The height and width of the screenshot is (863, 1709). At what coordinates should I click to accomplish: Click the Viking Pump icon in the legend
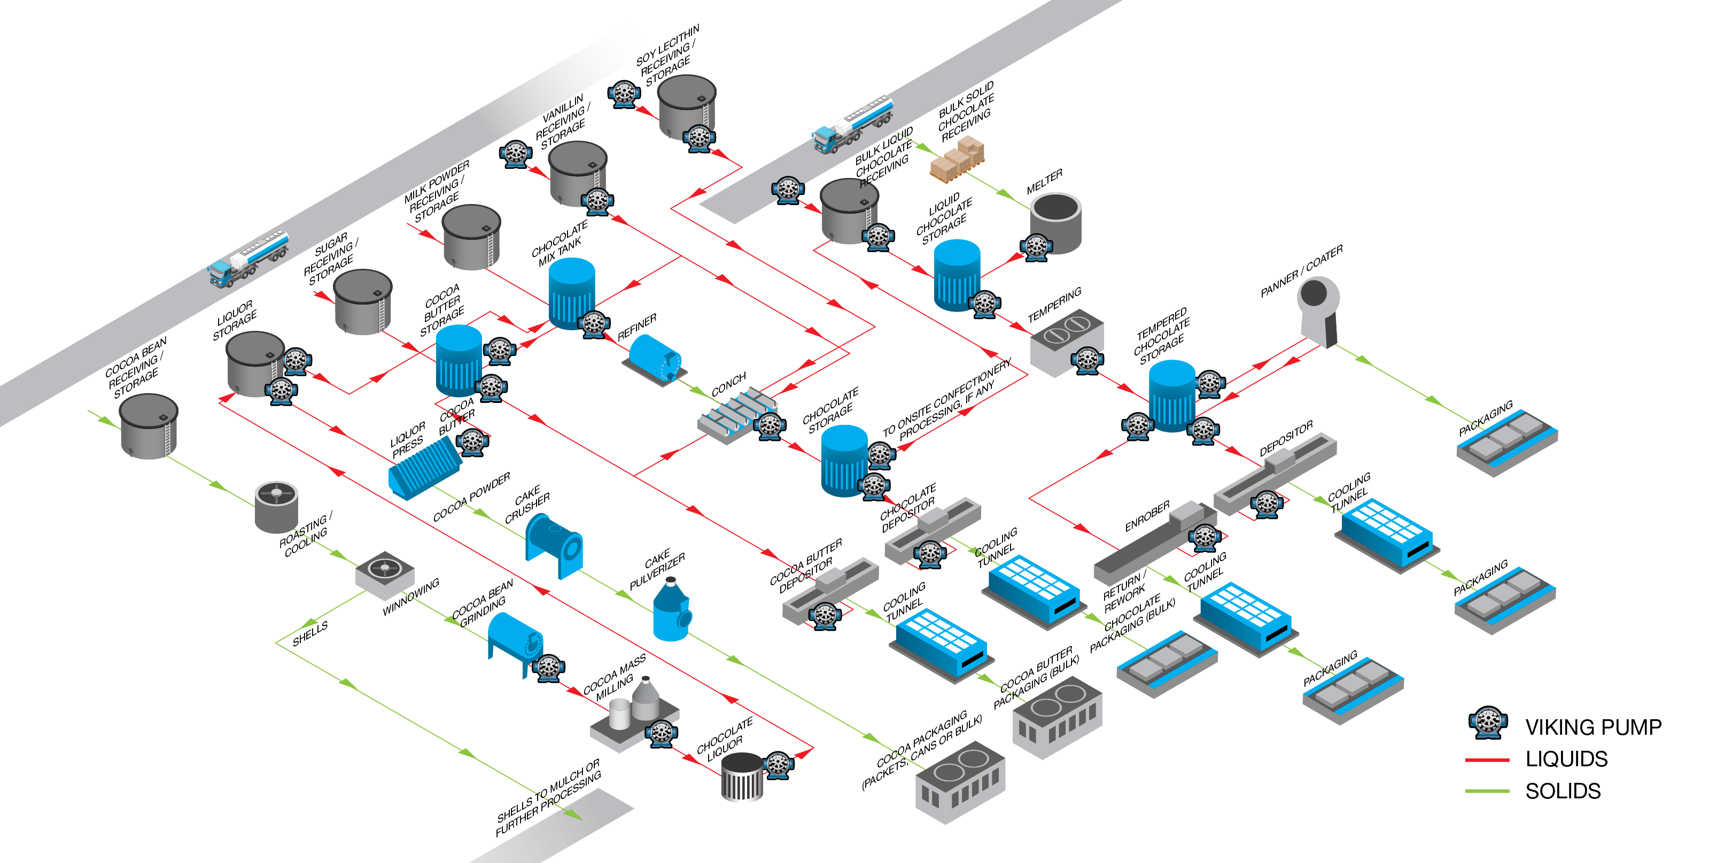tap(1487, 722)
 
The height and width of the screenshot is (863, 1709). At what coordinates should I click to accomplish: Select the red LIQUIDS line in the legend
tap(1487, 759)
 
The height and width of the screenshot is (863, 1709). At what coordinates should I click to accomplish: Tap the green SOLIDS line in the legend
tap(1487, 791)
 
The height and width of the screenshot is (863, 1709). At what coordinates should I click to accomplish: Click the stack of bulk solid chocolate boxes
tap(957, 158)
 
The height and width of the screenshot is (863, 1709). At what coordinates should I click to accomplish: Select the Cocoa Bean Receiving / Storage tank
tap(149, 426)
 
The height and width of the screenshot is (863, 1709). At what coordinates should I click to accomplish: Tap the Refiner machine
tap(654, 358)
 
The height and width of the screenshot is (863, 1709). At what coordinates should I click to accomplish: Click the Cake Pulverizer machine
tap(671, 610)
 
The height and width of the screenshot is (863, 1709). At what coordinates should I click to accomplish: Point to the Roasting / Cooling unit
tap(276, 507)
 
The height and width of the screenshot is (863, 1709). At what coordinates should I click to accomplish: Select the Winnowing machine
tap(385, 572)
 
